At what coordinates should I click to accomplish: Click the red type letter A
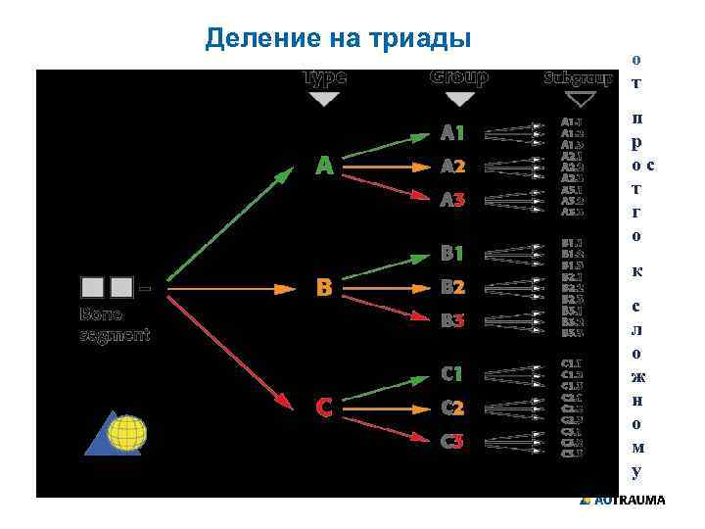point(324,167)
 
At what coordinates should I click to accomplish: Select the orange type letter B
point(324,288)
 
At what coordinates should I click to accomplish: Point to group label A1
point(452,132)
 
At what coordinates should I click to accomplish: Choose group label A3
point(452,201)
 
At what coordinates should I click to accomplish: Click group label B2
point(452,288)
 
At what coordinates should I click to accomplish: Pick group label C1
point(452,374)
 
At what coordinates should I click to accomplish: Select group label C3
point(452,442)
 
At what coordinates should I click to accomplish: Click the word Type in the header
point(324,77)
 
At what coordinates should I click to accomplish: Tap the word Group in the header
point(459,77)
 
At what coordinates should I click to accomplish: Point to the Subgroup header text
point(578,78)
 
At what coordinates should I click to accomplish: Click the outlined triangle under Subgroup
point(581,99)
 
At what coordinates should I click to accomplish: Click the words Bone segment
point(114,325)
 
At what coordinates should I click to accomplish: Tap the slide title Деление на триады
point(339,38)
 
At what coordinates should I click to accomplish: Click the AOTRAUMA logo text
point(628,501)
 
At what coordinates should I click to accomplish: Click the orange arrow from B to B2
point(392,288)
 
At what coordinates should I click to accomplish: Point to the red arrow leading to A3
point(392,187)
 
